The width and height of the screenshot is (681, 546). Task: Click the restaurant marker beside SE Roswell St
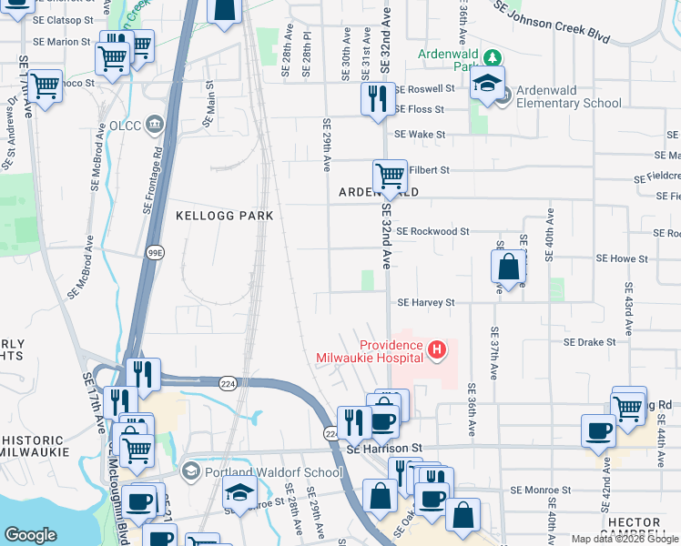click(375, 96)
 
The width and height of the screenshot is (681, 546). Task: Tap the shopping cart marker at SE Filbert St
click(390, 175)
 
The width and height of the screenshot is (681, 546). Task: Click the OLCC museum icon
click(154, 123)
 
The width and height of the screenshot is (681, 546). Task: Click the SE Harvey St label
click(425, 302)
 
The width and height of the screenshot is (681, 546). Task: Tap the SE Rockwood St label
click(432, 231)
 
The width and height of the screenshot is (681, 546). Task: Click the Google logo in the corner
click(31, 535)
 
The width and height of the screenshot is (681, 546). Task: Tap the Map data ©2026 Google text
click(624, 539)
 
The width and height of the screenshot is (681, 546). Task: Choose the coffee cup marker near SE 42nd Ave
click(598, 430)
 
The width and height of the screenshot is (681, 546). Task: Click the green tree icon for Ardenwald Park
click(493, 56)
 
